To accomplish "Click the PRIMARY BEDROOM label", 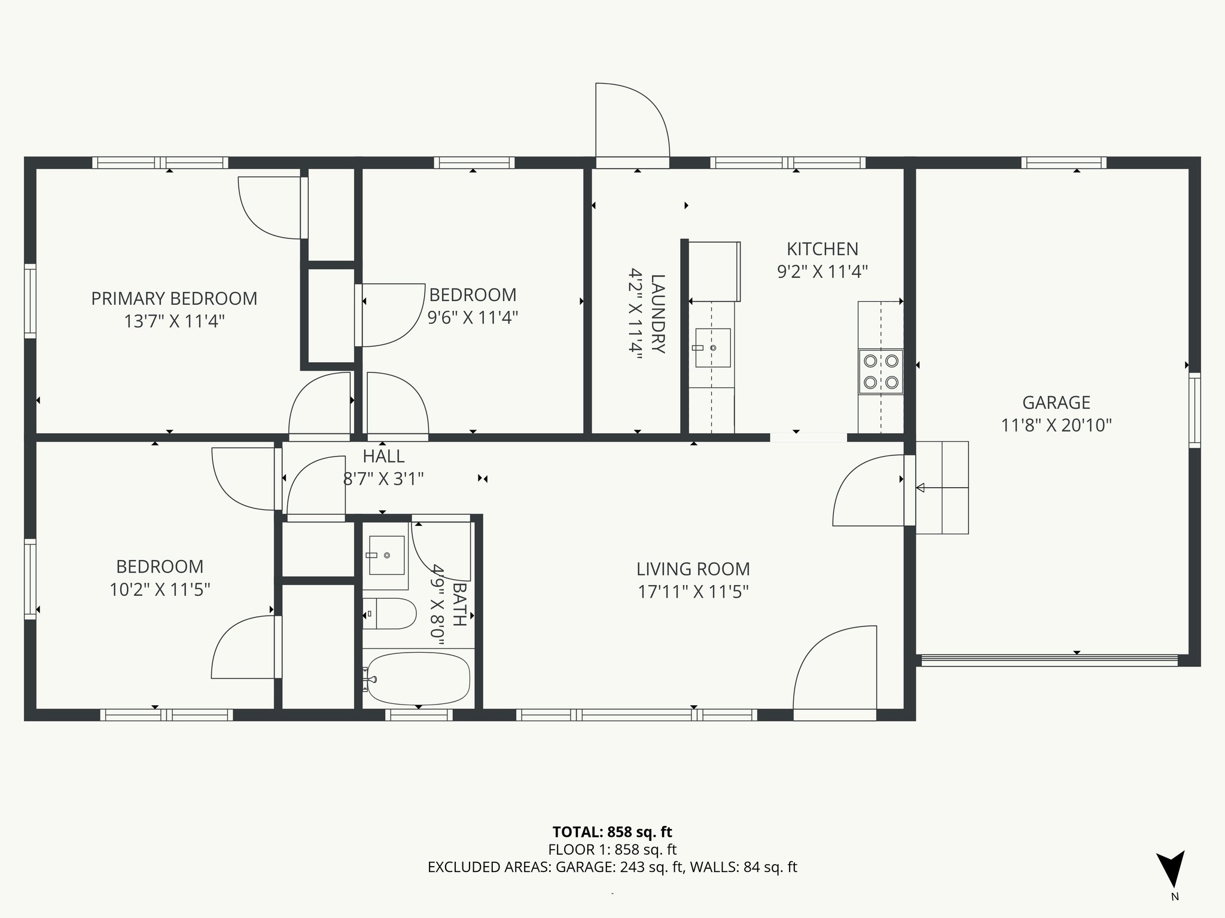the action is [x=174, y=298].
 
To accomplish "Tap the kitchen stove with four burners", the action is [x=880, y=371].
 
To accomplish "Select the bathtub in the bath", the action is [x=418, y=678].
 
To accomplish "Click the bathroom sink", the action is [x=386, y=555].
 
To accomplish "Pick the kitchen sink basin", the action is [x=712, y=347].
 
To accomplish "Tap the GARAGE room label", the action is [x=1056, y=402].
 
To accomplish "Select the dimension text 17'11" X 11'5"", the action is [x=693, y=592].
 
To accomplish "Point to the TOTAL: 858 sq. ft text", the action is [x=612, y=832].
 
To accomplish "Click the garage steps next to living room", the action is [x=942, y=488].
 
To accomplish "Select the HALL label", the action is [x=383, y=456].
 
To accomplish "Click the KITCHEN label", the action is [x=822, y=249].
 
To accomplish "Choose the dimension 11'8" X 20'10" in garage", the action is [x=1056, y=425].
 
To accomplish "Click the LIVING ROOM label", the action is [x=693, y=569].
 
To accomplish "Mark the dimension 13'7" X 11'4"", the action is [x=174, y=322].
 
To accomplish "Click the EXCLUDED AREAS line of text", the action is [x=612, y=867].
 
